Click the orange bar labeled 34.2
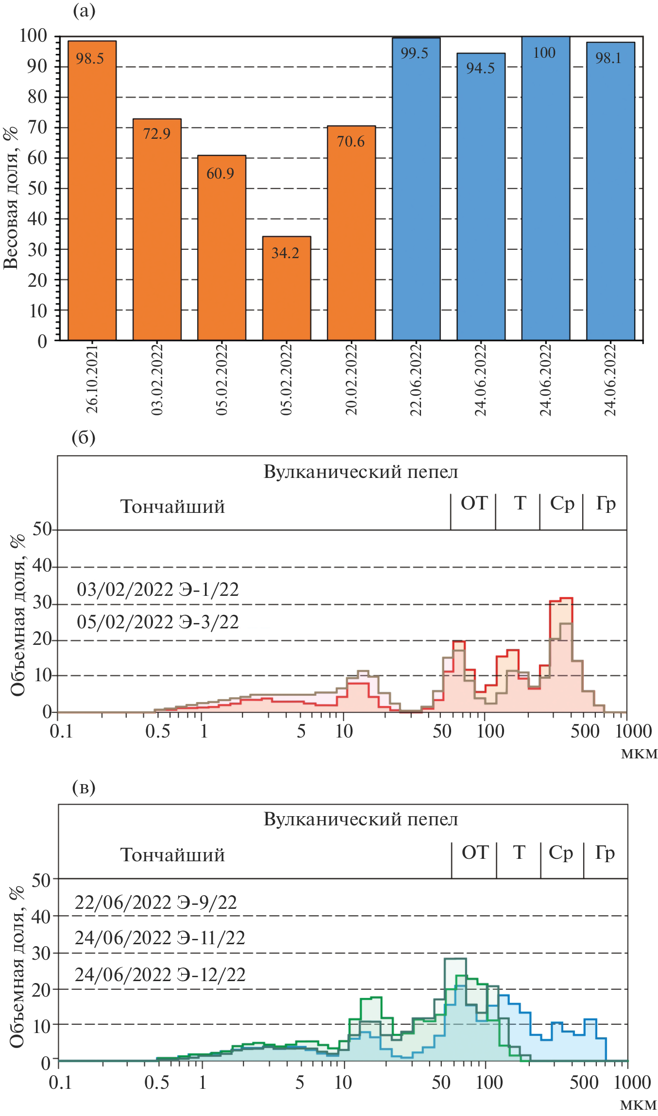point(287,291)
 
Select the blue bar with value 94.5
point(481,204)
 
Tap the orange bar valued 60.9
point(221,252)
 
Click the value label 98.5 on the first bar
point(90,59)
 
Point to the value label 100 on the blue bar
point(544,53)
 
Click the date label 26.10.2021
point(92,378)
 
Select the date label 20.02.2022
point(351,379)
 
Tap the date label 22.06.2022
point(416,379)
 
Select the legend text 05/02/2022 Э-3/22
point(158,622)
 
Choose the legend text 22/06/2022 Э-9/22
point(156,903)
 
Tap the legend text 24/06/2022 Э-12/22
point(160,974)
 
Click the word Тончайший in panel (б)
point(172,507)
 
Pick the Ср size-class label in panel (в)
point(561,853)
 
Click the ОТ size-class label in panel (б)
point(474,503)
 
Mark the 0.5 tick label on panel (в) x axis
point(157,1083)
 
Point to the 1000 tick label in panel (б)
point(633,731)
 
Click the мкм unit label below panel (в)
point(638,1105)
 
